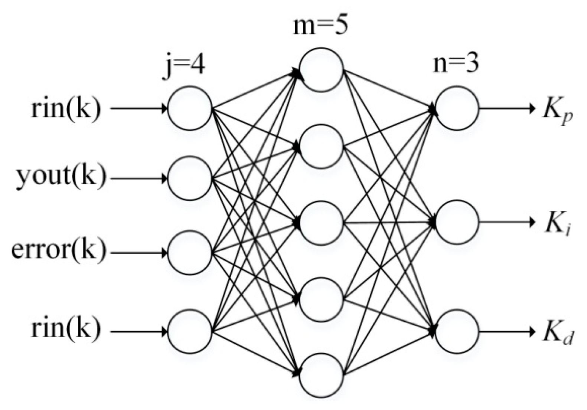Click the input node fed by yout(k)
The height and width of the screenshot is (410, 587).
click(190, 178)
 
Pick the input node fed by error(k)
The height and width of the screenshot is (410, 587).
click(190, 253)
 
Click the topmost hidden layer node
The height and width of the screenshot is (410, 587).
click(321, 69)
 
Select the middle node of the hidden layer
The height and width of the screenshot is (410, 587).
click(321, 223)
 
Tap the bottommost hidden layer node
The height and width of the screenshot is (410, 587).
click(321, 375)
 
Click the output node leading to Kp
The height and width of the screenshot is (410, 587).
click(457, 108)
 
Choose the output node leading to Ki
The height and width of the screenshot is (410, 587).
click(457, 223)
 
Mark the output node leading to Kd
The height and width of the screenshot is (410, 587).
click(457, 331)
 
